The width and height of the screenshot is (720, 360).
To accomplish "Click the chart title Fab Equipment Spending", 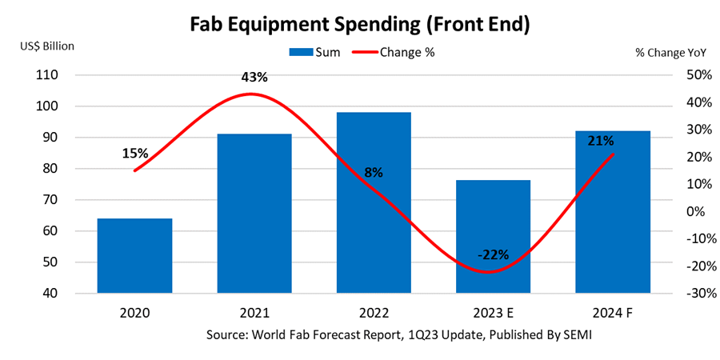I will pyautogui.click(x=359, y=25).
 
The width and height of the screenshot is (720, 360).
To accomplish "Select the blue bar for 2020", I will pyautogui.click(x=134, y=256).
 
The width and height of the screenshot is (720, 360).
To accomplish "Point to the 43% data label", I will pyautogui.click(x=254, y=77).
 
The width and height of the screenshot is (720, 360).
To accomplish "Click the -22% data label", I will pyautogui.click(x=494, y=255).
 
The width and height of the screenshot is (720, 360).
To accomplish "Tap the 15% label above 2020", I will pyautogui.click(x=135, y=153).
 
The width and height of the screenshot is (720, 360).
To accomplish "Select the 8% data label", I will pyautogui.click(x=374, y=172).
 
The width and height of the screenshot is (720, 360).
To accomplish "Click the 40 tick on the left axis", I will pyautogui.click(x=50, y=294).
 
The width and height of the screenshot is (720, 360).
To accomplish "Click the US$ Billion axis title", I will pyautogui.click(x=47, y=46).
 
